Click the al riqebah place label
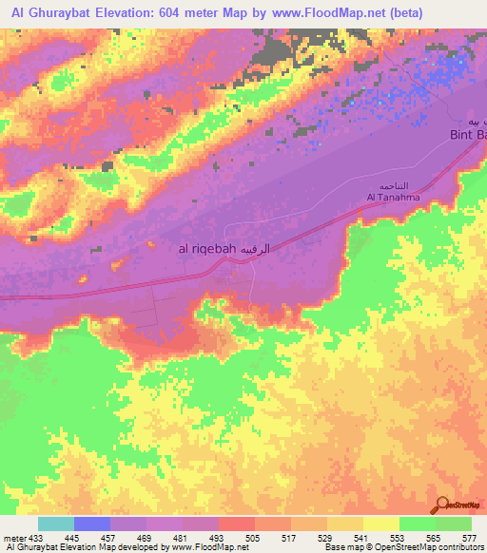(205, 248)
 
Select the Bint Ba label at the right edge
(467, 136)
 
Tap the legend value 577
(470, 539)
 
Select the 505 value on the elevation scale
(254, 539)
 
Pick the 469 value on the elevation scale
(146, 539)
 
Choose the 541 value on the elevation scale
(362, 539)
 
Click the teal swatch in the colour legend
(56, 524)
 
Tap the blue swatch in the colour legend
(92, 524)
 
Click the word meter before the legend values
(13, 539)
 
